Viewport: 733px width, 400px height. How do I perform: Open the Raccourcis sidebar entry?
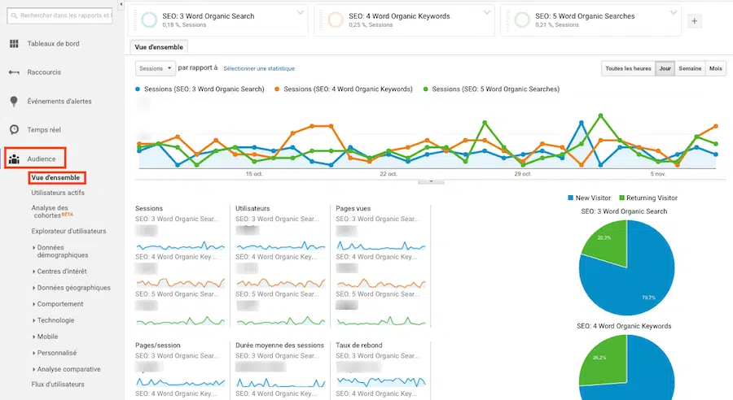[44, 72]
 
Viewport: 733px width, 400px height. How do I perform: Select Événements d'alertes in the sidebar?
[59, 101]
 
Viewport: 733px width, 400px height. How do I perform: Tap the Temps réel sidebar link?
[44, 129]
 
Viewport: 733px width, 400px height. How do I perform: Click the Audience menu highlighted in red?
[41, 159]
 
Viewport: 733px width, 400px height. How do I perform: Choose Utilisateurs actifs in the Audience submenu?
[57, 193]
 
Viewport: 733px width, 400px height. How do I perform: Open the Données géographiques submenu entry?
[73, 287]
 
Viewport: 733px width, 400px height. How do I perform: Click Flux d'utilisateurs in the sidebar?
[57, 384]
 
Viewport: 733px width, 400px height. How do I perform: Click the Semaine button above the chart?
[690, 68]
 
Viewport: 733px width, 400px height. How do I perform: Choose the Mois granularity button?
[716, 68]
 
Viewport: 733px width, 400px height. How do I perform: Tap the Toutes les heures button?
[628, 68]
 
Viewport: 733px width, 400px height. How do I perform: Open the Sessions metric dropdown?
[154, 68]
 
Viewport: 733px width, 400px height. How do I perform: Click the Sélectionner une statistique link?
[259, 68]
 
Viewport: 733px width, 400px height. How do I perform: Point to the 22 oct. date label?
[388, 174]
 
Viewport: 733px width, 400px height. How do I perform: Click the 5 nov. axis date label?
[658, 174]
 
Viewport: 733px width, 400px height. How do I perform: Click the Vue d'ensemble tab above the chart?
[160, 47]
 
